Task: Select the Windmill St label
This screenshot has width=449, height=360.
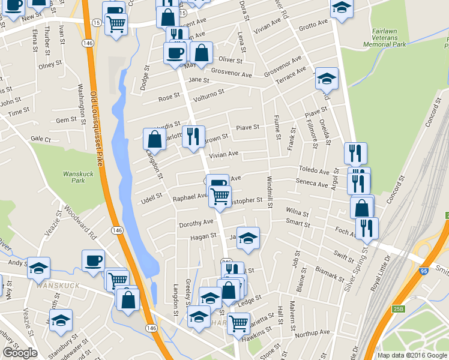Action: pos(270,192)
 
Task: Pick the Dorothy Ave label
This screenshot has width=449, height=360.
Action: pos(196,223)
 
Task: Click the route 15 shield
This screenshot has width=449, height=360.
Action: pos(96,22)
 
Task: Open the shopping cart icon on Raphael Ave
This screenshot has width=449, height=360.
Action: pos(220,195)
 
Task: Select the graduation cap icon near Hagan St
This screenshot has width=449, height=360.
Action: pos(247,238)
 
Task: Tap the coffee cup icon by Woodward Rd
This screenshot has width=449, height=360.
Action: pos(93,260)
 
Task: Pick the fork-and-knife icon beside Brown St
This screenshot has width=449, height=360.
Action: pos(193,137)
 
